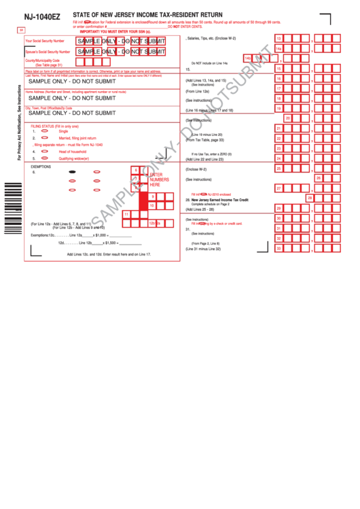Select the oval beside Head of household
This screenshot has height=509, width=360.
(45, 152)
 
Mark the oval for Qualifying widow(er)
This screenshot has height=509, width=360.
(45, 158)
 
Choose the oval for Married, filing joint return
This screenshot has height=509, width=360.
(45, 137)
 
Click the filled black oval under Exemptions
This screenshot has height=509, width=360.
(72, 173)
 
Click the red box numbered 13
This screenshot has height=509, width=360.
(278, 39)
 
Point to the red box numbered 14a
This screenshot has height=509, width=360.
(278, 48)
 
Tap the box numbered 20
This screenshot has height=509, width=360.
(288, 118)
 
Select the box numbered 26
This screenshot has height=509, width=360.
(319, 177)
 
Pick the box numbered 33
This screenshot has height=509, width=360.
(278, 249)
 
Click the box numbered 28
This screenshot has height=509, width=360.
(310, 198)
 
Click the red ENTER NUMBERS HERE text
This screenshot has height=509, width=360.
(160, 179)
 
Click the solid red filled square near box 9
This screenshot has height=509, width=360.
(143, 200)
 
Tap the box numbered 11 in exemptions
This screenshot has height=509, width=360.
(127, 214)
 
